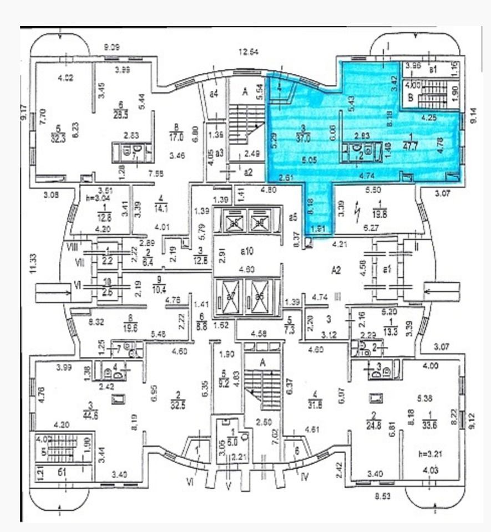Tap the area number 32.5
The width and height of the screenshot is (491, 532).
pos(178,400)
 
